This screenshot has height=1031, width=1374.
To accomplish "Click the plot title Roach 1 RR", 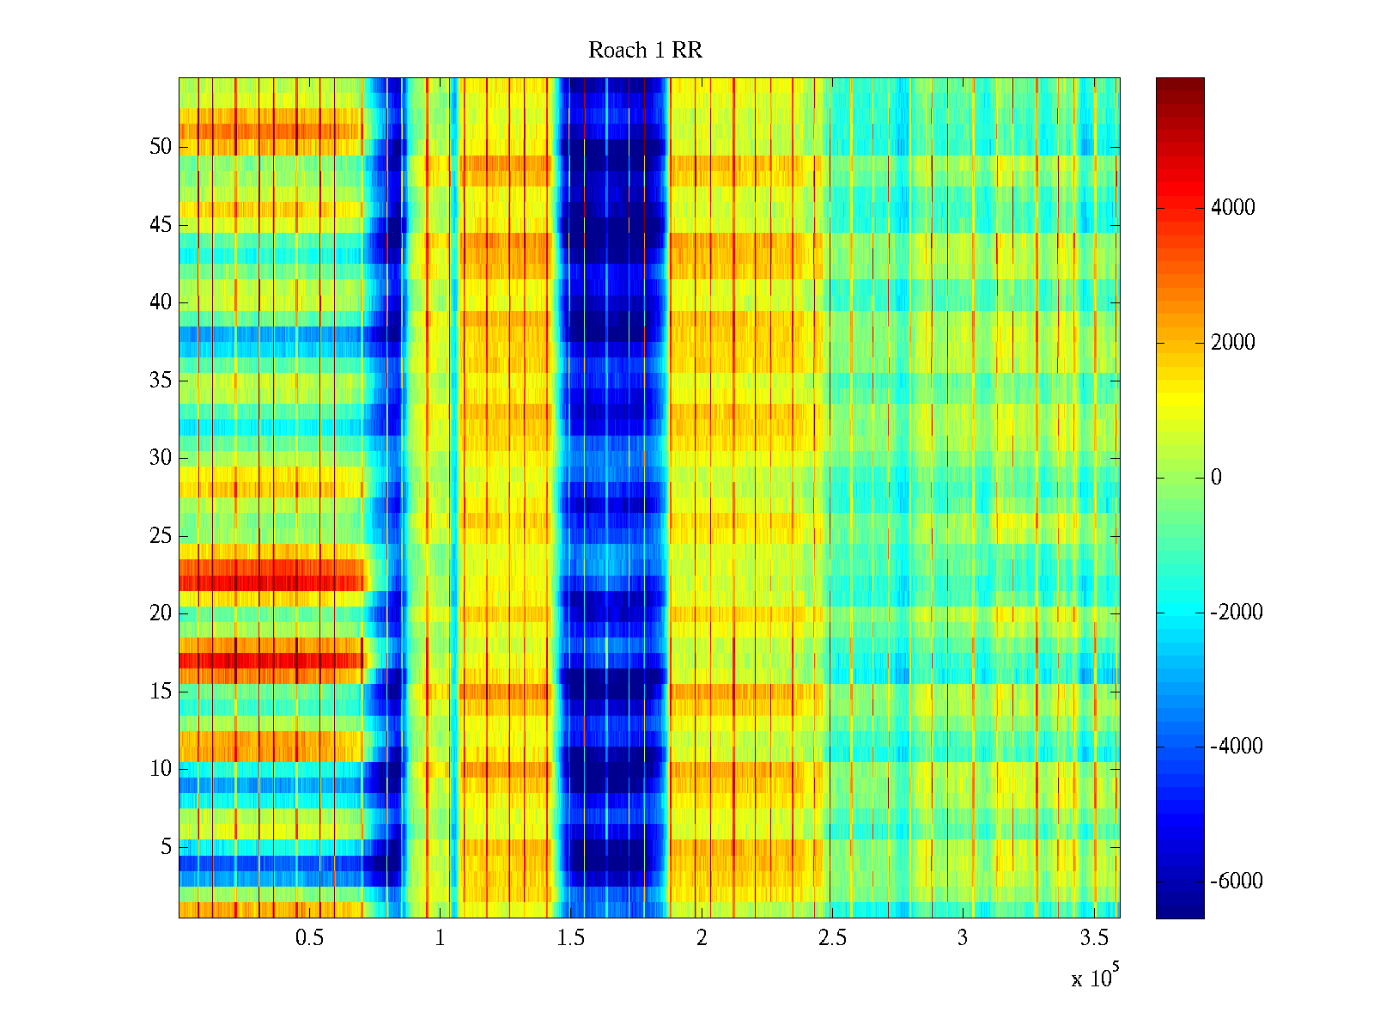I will [645, 51].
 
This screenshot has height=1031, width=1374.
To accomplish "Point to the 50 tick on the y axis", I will [161, 147].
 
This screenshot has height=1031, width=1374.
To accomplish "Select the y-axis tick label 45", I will [161, 225].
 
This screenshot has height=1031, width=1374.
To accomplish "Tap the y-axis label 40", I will [161, 302].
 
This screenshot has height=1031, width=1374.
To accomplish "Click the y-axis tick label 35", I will [161, 381].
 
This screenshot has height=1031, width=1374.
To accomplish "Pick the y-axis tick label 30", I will [161, 458].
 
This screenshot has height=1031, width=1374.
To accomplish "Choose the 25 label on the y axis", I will [161, 536].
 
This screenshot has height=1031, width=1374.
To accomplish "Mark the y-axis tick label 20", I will [161, 613].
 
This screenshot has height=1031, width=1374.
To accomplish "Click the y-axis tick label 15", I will [161, 692].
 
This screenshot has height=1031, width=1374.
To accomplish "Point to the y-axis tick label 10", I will [161, 769].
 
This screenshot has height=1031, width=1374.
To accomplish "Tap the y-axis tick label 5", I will [166, 847].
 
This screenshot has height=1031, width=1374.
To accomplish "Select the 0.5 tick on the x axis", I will [309, 938].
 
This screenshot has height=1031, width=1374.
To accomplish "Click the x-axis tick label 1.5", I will [571, 938].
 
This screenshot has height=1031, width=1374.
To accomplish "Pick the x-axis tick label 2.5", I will [832, 938].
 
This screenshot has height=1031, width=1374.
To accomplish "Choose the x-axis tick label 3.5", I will [1094, 938].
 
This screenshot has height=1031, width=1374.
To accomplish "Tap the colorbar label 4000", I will [1232, 208].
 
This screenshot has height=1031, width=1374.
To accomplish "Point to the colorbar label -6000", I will [1236, 882].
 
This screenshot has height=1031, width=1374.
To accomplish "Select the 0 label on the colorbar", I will [1216, 478].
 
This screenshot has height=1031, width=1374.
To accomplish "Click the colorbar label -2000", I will [1236, 613].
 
